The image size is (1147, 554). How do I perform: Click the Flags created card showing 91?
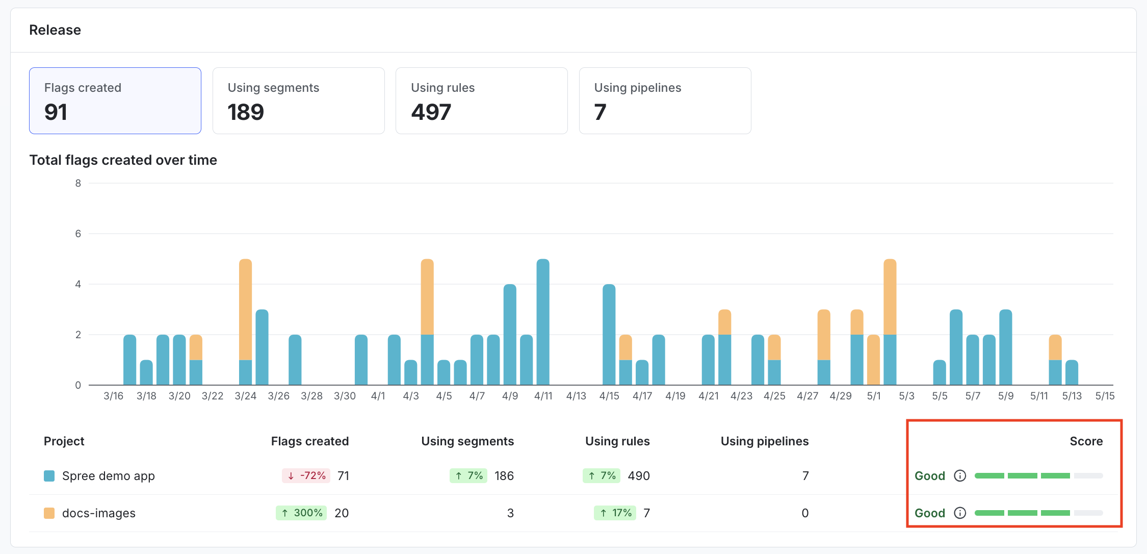115,100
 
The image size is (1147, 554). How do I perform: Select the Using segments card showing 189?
298,100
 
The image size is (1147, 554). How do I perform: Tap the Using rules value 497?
431,112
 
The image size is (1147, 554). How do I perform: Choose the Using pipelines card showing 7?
665,100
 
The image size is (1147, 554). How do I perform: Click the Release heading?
55,30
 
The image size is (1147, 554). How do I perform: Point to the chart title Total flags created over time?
123,160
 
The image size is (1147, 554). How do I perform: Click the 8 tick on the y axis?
78,183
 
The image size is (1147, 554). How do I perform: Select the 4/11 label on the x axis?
543,396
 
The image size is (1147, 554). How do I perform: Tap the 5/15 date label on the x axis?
1105,396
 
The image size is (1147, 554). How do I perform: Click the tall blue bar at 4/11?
543,321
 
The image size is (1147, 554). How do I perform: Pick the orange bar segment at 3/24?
245,309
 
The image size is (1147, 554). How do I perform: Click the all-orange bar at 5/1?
873,360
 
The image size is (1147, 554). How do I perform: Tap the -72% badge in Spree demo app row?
306,475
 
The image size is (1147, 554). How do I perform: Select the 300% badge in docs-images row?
301,513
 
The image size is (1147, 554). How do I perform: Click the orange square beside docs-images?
49,513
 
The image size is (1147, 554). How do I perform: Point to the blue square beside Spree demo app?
49,476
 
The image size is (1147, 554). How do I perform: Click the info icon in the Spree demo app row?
960,475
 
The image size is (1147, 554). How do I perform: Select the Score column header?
1086,441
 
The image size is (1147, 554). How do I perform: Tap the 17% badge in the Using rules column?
615,513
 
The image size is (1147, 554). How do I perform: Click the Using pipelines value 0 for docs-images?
805,513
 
